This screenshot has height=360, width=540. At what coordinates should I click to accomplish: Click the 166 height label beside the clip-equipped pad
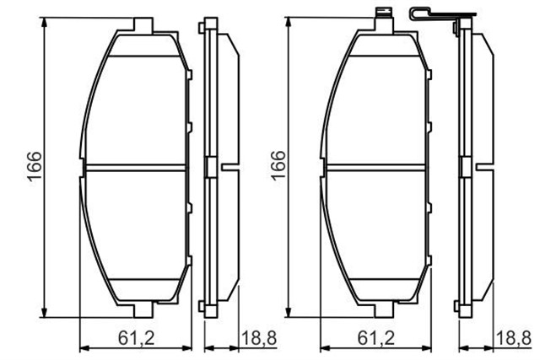click(x=277, y=166)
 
